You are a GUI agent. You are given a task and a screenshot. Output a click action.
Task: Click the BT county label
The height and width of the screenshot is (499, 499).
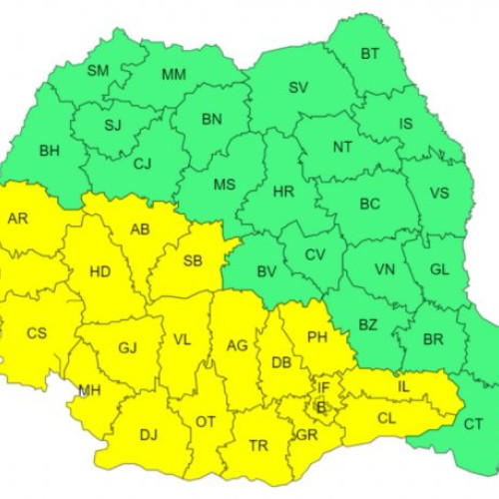click(369, 53)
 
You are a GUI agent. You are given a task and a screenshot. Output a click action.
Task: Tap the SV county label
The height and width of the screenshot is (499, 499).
click(298, 87)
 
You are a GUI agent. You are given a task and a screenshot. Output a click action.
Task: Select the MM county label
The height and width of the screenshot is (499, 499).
click(174, 74)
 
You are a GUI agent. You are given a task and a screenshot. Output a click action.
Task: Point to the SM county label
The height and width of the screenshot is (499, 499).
click(98, 70)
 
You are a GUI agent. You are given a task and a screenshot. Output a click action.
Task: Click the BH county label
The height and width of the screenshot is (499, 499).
click(49, 152)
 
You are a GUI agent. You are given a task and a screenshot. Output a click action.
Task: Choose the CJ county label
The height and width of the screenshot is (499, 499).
click(143, 164)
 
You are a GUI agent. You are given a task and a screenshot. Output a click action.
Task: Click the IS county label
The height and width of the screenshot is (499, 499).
click(406, 124)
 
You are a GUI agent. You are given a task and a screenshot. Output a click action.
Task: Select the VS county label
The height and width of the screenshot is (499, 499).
click(438, 194)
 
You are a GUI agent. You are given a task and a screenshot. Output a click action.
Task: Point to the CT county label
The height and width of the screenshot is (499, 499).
click(473, 424)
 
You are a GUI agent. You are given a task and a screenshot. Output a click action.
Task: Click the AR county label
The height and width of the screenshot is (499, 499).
click(18, 218)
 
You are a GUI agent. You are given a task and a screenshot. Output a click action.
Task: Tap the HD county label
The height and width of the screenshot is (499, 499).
click(100, 270)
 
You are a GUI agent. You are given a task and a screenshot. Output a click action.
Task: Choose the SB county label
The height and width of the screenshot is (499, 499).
click(194, 261)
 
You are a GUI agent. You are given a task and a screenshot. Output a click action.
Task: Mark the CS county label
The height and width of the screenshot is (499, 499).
click(36, 332)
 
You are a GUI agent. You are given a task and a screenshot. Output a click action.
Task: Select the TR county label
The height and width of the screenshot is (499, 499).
click(257, 445)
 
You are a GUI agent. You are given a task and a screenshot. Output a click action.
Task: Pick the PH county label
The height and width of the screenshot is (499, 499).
click(317, 338)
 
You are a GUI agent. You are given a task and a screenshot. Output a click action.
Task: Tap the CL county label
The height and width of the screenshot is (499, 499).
click(386, 418)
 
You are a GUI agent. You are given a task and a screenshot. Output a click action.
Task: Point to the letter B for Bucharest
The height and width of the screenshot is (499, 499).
click(320, 406)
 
